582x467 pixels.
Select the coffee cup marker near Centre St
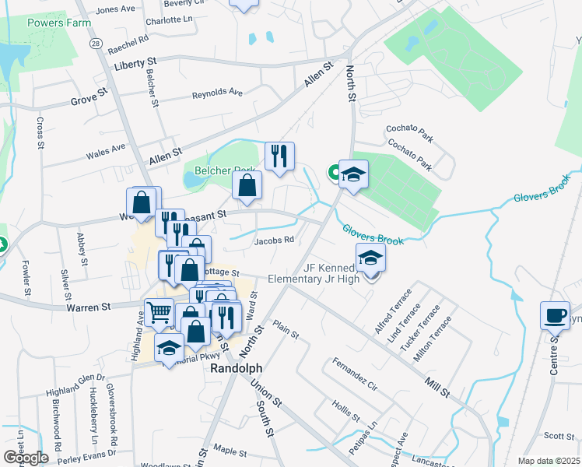click(x=556, y=315)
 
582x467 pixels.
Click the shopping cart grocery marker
click(x=159, y=313)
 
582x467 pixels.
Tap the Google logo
click(x=26, y=457)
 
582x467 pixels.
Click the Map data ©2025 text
click(x=549, y=461)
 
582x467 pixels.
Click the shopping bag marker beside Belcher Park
click(x=247, y=186)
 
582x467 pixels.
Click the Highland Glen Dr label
click(x=75, y=384)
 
